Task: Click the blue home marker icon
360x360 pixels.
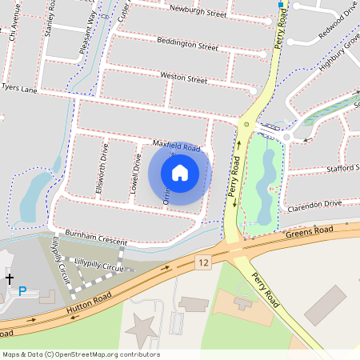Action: pos(180,172)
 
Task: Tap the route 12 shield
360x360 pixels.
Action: pos(204,262)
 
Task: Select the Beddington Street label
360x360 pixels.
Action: pos(187,43)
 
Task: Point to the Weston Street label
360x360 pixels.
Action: pos(184,78)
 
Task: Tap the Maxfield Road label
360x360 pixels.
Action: pos(176,146)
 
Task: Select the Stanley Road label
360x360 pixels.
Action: pos(50,18)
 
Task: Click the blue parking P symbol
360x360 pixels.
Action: pos(22,291)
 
